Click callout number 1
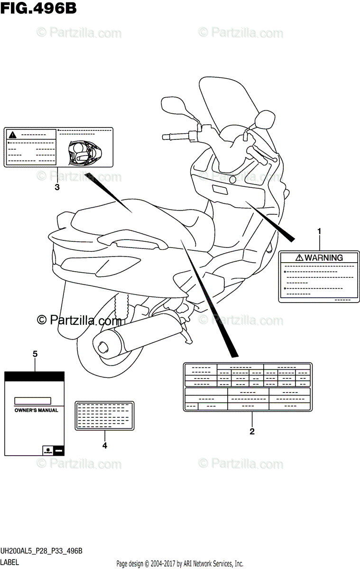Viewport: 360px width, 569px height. (319, 231)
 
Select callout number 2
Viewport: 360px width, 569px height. (252, 431)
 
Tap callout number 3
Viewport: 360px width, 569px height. (57, 187)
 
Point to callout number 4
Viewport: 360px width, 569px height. (105, 446)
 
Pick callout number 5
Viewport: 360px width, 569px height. (35, 354)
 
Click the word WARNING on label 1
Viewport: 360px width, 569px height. (323, 258)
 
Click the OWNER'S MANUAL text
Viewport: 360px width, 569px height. (36, 410)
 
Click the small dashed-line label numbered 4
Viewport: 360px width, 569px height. (105, 415)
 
